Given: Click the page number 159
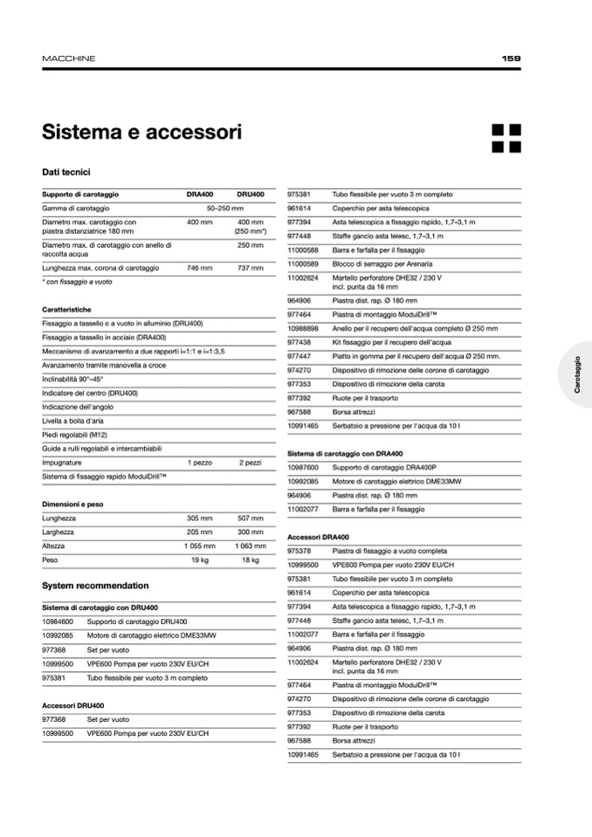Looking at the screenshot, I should (x=512, y=58).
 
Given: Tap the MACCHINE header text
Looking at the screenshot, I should (x=68, y=58).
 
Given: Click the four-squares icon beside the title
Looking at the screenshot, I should (x=506, y=138).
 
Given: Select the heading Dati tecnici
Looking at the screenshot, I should (x=66, y=172).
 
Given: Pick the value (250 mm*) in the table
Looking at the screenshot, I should (x=251, y=231).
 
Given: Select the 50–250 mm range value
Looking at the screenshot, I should (x=224, y=209).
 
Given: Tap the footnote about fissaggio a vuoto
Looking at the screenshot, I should (x=77, y=282).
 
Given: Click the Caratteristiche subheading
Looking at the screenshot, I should (x=66, y=309).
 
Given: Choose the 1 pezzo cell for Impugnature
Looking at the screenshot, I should (x=199, y=463).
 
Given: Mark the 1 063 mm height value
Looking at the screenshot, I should (x=250, y=545).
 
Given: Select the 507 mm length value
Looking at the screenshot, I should (x=250, y=518).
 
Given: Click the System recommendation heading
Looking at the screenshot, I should (x=95, y=586).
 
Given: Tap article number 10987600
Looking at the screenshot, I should (x=303, y=468).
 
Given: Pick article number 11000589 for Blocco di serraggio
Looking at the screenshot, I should (x=303, y=264).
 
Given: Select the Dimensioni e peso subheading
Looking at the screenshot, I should (x=72, y=504).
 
